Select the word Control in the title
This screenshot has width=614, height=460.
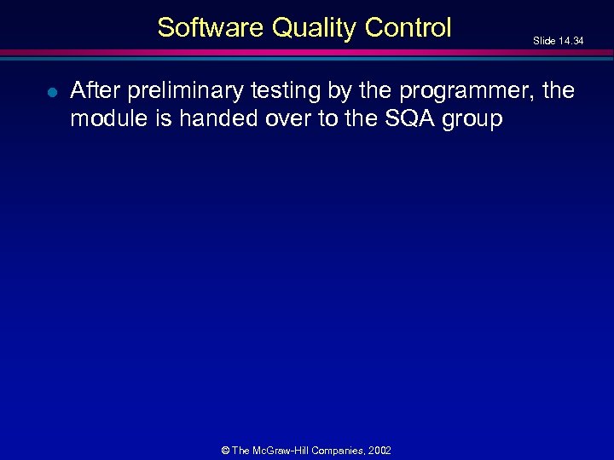pyautogui.click(x=408, y=28)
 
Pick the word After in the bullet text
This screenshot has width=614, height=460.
pyautogui.click(x=96, y=90)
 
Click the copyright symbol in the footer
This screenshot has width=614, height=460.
pyautogui.click(x=225, y=451)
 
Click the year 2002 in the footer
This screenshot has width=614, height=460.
pyautogui.click(x=381, y=451)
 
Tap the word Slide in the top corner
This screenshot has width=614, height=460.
pyautogui.click(x=542, y=40)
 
